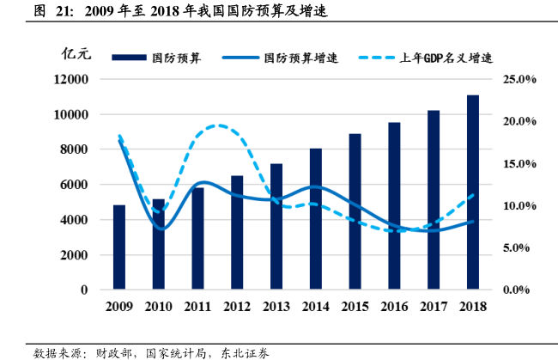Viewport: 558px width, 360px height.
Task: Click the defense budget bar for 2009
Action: (119, 247)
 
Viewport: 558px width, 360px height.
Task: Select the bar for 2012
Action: (237, 233)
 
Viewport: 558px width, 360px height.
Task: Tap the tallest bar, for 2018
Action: (472, 192)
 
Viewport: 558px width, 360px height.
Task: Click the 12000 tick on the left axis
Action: (71, 79)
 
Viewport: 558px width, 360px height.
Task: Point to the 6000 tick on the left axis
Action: (75, 185)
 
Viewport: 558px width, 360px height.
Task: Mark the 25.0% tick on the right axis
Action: (519, 79)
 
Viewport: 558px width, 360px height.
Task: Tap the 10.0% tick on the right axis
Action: (519, 206)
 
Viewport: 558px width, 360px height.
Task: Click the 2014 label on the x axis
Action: (315, 307)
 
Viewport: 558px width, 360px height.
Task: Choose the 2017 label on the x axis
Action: (433, 307)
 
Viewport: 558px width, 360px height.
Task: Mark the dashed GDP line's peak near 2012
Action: (218, 125)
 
